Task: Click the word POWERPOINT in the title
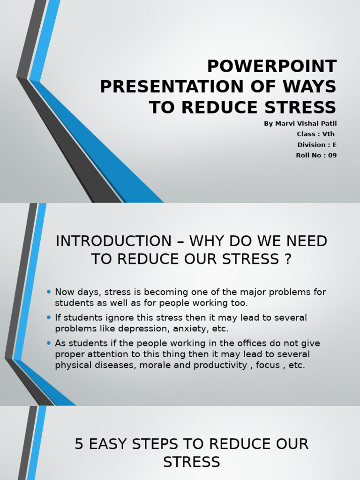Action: point(272,67)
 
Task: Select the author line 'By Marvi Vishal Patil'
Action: point(300,123)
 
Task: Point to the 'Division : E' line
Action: point(317,145)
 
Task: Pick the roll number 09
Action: point(332,155)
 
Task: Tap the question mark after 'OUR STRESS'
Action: point(287,259)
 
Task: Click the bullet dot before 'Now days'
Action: point(49,292)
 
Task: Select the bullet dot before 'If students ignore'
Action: point(49,317)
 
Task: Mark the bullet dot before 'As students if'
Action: point(49,343)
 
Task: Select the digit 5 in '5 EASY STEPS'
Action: point(79,444)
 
